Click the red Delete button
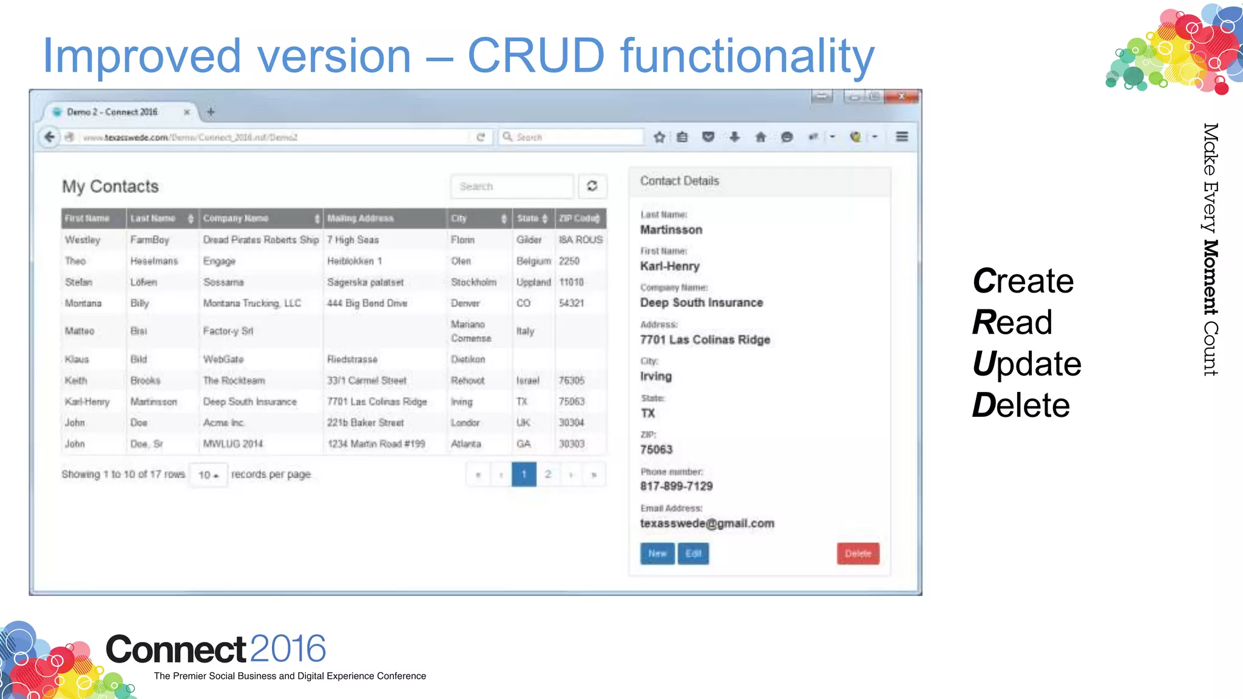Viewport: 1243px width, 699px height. click(858, 553)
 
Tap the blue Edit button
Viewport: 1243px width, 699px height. click(693, 553)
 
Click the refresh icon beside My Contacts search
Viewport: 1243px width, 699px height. click(592, 186)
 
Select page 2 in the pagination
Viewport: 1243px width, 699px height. click(548, 474)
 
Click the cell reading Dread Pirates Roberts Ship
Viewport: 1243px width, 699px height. click(261, 240)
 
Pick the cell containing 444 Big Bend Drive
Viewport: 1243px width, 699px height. click(367, 303)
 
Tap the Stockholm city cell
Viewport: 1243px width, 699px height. click(473, 282)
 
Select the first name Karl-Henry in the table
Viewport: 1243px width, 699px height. click(87, 402)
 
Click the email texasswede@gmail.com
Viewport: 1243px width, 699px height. click(707, 524)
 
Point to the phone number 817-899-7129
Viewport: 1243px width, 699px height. click(676, 486)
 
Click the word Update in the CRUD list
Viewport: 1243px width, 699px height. click(1026, 364)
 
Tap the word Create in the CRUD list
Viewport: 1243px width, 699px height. click(1023, 281)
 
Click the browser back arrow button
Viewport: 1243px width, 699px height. click(50, 137)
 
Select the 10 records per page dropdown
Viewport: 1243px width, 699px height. click(208, 475)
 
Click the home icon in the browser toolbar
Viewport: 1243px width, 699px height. click(760, 137)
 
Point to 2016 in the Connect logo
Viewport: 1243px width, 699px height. click(288, 649)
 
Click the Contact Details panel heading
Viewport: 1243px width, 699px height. click(679, 181)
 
